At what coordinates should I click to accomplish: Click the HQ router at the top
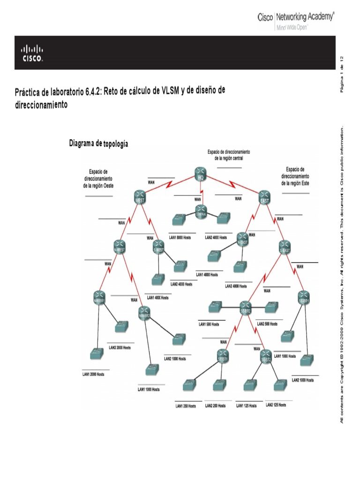pos(201,174)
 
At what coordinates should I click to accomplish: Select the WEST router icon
pos(140,197)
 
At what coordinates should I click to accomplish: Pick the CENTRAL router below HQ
pos(201,211)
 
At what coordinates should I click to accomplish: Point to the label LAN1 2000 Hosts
pos(94,375)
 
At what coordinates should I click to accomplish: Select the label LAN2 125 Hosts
pos(276,405)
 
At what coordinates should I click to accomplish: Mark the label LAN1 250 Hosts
pos(186,405)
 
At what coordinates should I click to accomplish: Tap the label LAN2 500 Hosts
pos(268,324)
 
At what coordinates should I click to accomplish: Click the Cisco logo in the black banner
pos(32,53)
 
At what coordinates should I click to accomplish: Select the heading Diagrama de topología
pos(98,143)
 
